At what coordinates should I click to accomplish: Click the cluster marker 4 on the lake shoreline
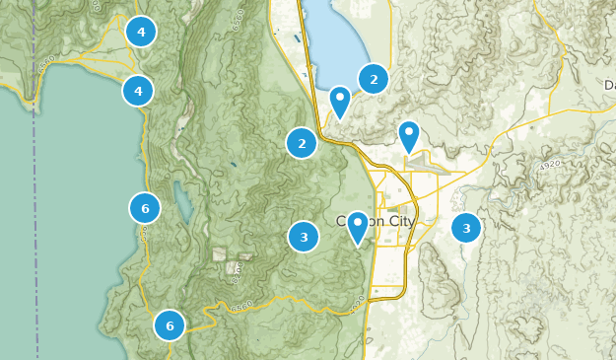[x=138, y=92]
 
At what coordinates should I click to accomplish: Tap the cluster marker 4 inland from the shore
[x=141, y=33]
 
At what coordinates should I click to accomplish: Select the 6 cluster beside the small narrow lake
[x=145, y=208]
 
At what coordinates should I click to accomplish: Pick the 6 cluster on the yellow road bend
[x=170, y=324]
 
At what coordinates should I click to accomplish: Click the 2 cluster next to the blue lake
[x=374, y=78]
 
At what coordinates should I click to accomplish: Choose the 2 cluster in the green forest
[x=302, y=144]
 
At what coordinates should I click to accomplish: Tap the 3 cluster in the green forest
[x=304, y=237]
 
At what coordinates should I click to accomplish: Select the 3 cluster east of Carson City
[x=466, y=229]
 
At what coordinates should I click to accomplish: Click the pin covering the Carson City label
[x=357, y=226]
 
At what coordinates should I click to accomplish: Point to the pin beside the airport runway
[x=408, y=135]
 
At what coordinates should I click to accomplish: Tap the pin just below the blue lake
[x=340, y=101]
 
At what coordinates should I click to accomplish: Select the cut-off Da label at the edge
[x=607, y=85]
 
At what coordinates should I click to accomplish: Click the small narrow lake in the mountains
[x=182, y=201]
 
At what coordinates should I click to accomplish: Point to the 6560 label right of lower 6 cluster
[x=241, y=306]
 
